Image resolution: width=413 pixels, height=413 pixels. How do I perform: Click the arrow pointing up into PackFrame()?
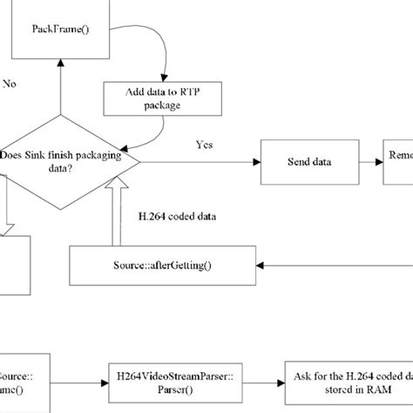coord(58,91)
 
